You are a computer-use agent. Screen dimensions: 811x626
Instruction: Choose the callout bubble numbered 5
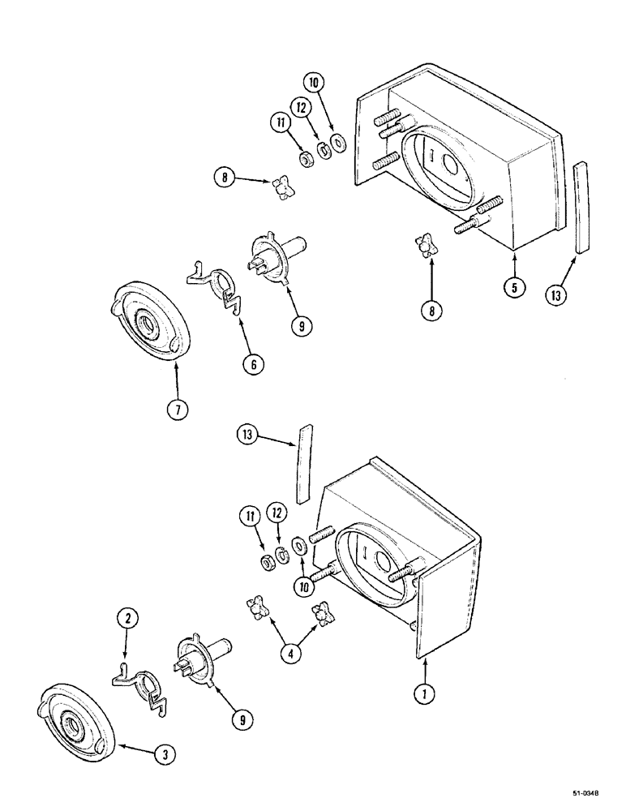[x=514, y=288]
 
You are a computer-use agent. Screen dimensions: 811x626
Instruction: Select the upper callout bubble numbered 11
[x=280, y=123]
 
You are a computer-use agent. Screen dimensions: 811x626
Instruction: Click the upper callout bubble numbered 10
[x=314, y=83]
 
